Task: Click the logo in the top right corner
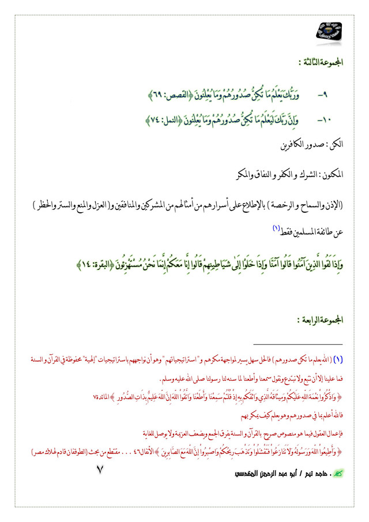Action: pyautogui.click(x=329, y=29)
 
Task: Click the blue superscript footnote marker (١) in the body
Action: pyautogui.click(x=276, y=228)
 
